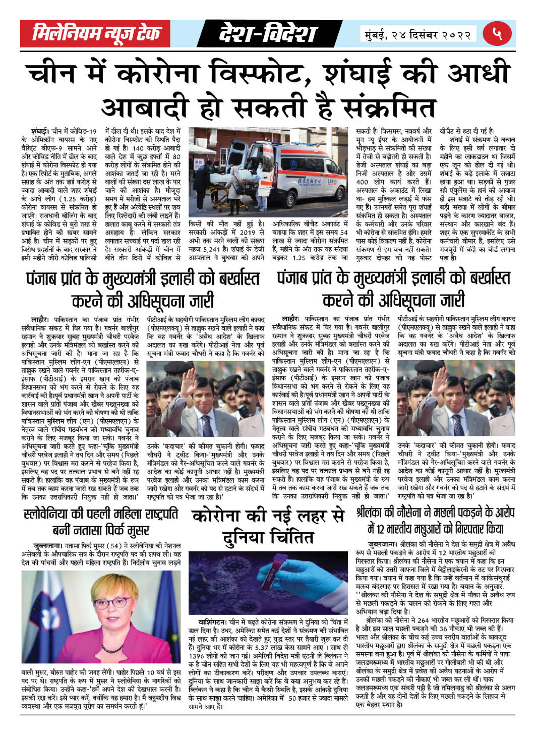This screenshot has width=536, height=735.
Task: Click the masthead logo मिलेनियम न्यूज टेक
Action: pyautogui.click(x=97, y=34)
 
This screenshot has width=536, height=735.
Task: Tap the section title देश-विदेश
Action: pyautogui.click(x=267, y=34)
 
